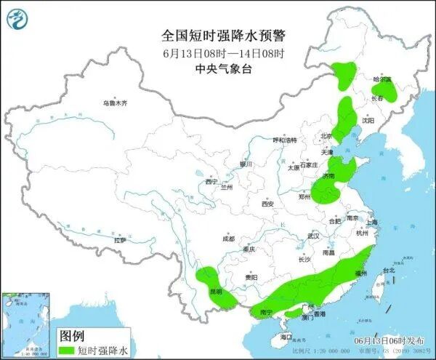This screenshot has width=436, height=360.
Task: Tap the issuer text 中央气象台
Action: pos(222,69)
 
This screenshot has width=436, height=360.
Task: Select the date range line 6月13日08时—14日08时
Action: pos(222,53)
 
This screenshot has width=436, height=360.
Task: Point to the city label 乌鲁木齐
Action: pos(114,104)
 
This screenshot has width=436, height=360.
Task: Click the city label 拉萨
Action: pos(120,239)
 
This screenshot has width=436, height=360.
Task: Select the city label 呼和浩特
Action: pos(285,140)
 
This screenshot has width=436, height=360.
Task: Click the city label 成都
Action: pos(229,238)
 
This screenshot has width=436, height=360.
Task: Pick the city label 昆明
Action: pos(216,291)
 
